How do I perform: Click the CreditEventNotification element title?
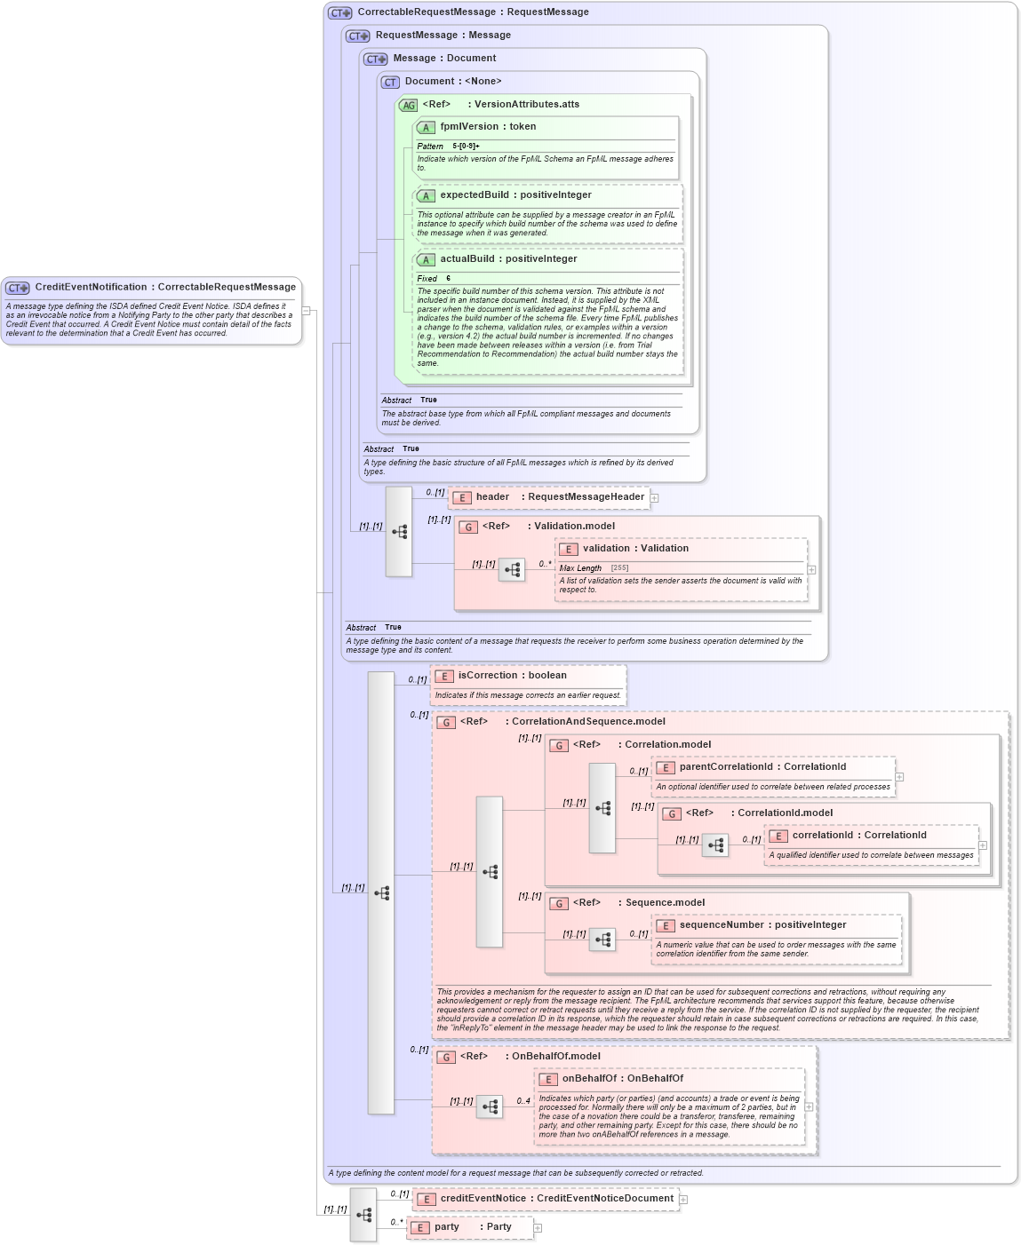pyautogui.click(x=164, y=288)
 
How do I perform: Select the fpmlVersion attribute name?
pyautogui.click(x=488, y=127)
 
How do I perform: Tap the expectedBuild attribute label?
pyautogui.click(x=515, y=195)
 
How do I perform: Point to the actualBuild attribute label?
pyautogui.click(x=508, y=259)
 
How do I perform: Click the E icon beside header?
pyautogui.click(x=461, y=498)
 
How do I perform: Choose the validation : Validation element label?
pyautogui.click(x=635, y=549)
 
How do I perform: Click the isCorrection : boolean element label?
pyautogui.click(x=512, y=676)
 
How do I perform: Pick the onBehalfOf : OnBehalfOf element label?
pyautogui.click(x=622, y=1079)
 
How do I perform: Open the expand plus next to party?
pyautogui.click(x=538, y=1228)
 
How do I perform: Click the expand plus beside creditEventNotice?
pyautogui.click(x=683, y=1200)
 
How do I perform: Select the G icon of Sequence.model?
pyautogui.click(x=559, y=904)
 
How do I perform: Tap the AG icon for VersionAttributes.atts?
pyautogui.click(x=408, y=106)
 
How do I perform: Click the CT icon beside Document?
pyautogui.click(x=390, y=83)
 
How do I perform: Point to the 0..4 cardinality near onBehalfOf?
pyautogui.click(x=523, y=1101)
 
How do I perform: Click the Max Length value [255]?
pyautogui.click(x=619, y=568)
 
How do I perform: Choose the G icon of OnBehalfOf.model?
pyautogui.click(x=446, y=1058)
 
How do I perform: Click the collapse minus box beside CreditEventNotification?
pyautogui.click(x=306, y=311)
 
